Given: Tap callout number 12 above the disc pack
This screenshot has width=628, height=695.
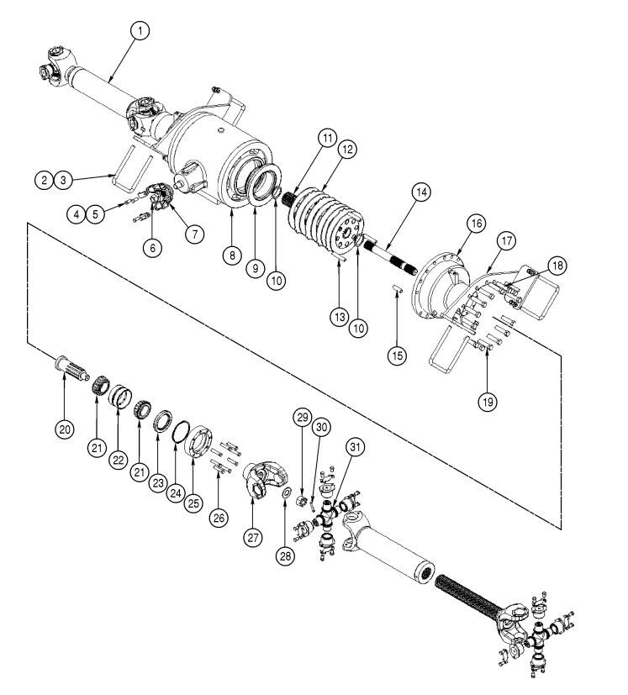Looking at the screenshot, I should [x=346, y=149].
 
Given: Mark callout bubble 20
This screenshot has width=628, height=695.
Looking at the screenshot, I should [x=65, y=428].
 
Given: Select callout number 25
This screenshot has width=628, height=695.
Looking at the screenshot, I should [x=195, y=503].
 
